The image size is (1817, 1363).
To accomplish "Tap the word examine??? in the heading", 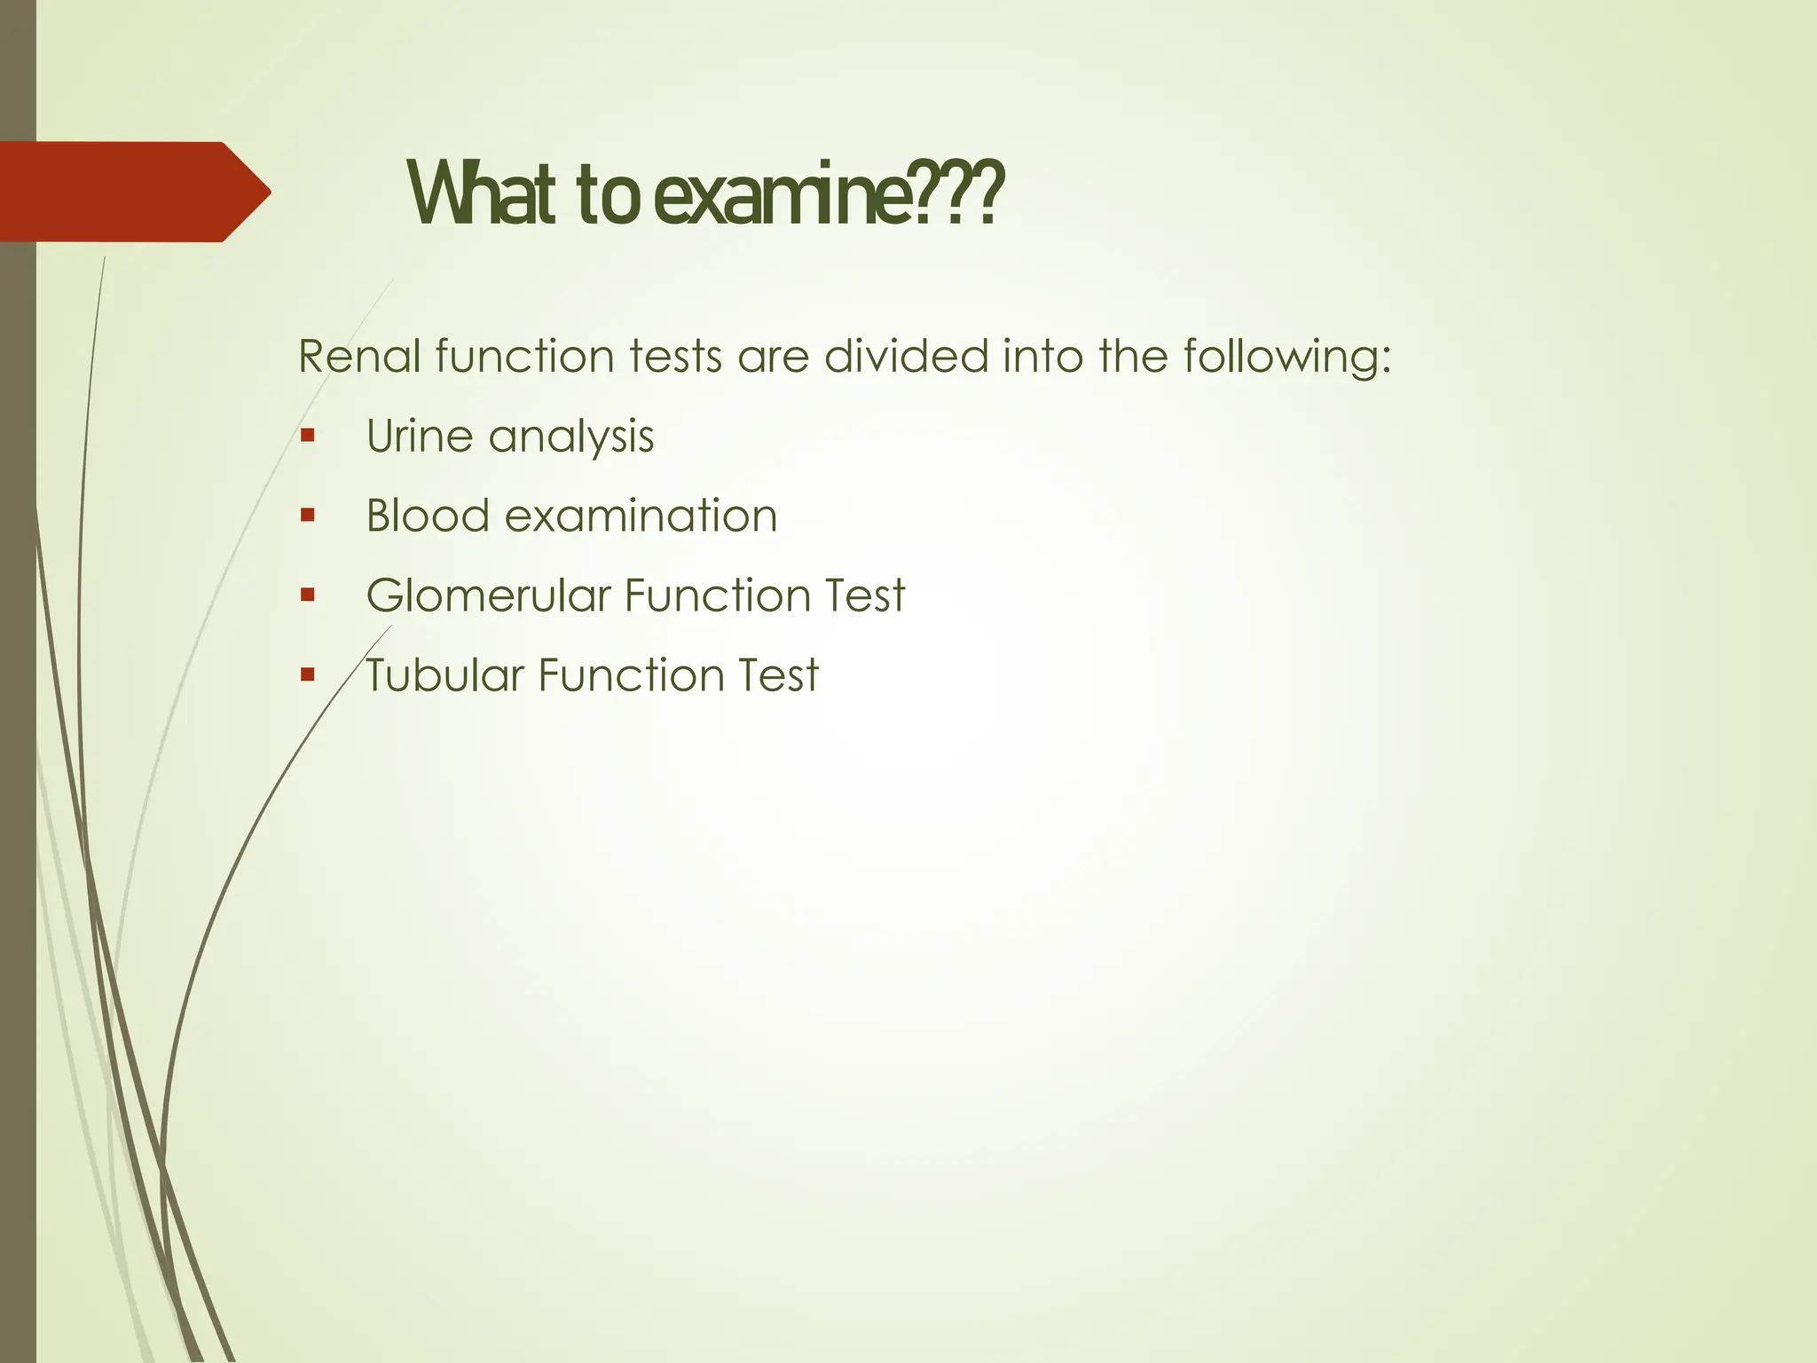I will pos(829,193).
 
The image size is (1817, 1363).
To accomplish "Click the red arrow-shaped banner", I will pos(133,192).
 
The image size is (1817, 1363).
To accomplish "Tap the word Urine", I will pos(419,437).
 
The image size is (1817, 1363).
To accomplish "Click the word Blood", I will pos(428,516).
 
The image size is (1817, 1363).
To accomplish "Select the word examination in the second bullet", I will pos(641,516).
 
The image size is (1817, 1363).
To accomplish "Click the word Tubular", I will pos(444,674).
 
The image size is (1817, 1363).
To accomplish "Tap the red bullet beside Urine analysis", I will pos(308,436).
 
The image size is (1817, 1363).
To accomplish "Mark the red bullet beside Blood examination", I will pos(308,516).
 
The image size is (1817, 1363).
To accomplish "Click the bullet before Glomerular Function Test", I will pos(308,595).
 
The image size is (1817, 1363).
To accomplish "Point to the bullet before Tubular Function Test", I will pos(308,674).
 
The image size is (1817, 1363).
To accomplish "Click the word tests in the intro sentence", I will pos(675,357).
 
